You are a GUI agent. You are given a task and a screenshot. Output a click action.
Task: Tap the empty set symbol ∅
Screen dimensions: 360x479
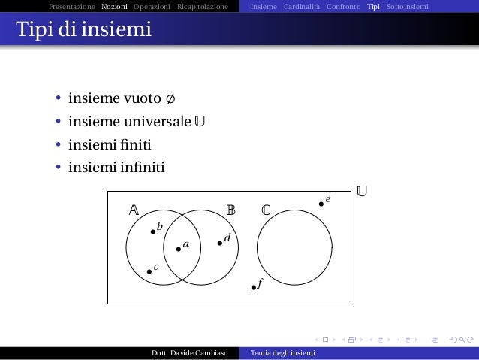[171, 99]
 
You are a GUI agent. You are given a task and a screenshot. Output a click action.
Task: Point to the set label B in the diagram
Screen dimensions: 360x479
[231, 210]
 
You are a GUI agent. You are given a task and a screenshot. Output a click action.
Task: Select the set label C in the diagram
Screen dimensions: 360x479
[266, 210]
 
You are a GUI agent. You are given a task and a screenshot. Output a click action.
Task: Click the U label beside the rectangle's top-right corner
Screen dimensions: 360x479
[362, 192]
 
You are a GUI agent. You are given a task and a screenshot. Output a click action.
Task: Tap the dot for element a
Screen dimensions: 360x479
[178, 249]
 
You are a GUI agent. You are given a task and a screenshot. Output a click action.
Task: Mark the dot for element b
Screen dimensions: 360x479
[153, 231]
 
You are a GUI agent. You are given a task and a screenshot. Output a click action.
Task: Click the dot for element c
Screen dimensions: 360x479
[149, 271]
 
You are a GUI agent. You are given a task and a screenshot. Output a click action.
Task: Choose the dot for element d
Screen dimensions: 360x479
[219, 242]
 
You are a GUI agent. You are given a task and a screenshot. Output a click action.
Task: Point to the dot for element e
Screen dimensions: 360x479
[321, 203]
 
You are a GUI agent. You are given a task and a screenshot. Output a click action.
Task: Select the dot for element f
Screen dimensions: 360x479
[254, 287]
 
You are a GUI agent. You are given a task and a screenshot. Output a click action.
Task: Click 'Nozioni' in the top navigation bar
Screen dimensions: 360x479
[114, 7]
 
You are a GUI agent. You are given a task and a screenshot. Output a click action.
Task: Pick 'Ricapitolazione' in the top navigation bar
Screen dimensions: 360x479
[203, 7]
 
